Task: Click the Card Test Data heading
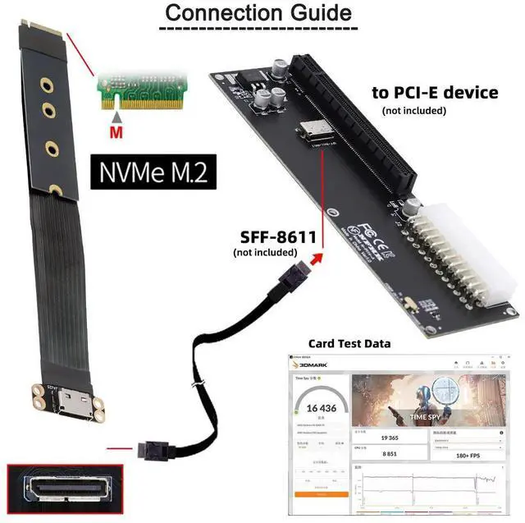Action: pos(349,343)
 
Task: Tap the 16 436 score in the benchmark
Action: pos(317,408)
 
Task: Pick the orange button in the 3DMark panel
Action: pos(317,494)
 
